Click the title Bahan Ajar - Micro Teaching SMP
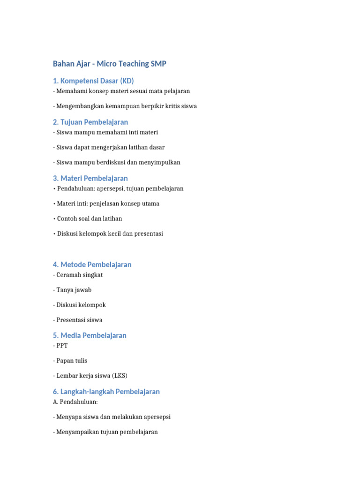(109, 64)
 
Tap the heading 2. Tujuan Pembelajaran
(90, 122)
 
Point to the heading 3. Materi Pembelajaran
(90, 178)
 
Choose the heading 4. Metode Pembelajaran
(92, 264)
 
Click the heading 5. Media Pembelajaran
(90, 335)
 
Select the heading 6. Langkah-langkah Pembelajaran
(106, 391)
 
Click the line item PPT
(62, 345)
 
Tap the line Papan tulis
(70, 360)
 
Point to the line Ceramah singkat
(78, 275)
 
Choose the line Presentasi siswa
(78, 320)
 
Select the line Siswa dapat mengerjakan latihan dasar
(109, 147)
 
